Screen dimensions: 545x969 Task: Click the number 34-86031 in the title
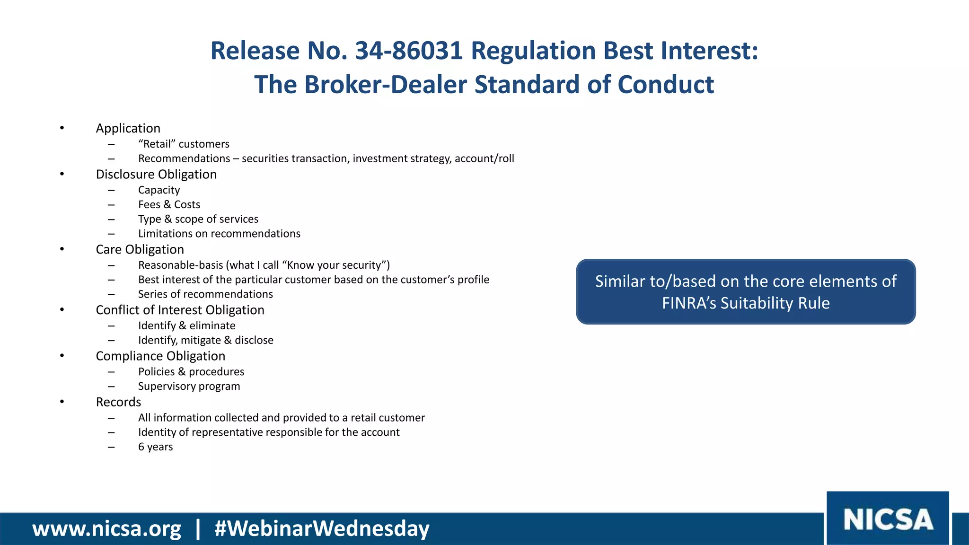click(408, 51)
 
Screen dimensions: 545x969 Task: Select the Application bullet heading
click(128, 128)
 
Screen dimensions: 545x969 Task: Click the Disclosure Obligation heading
click(156, 174)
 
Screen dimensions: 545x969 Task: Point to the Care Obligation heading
click(140, 249)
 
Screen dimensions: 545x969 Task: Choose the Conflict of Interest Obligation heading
click(180, 310)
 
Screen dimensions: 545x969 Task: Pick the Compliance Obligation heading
click(160, 356)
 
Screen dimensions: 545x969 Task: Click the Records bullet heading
click(118, 402)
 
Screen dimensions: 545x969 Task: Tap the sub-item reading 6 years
click(155, 447)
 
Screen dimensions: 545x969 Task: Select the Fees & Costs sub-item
click(169, 204)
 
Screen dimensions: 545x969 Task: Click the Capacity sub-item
click(159, 190)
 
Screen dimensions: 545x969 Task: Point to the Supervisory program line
click(189, 386)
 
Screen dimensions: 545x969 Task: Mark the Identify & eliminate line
click(186, 325)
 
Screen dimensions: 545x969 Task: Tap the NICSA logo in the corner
click(888, 519)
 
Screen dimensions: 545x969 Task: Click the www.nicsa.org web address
click(106, 528)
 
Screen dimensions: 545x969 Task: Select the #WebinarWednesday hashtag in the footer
click(322, 528)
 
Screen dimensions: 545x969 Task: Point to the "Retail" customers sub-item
click(184, 144)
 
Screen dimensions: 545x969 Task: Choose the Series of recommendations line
click(205, 294)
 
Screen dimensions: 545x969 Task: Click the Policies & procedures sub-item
click(191, 371)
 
